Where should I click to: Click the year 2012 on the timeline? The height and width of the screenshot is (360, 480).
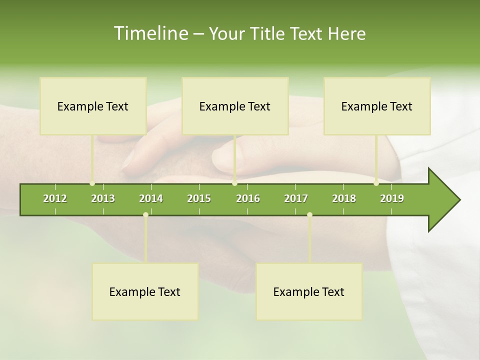pos(55,198)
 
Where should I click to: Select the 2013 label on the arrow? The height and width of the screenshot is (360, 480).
pos(103,198)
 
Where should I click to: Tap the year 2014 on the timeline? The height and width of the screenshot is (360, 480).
pos(151,198)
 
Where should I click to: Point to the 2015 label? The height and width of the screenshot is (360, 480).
pos(199,198)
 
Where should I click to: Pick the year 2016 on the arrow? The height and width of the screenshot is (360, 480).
pos(248,198)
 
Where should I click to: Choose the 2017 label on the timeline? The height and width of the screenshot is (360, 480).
pos(296,198)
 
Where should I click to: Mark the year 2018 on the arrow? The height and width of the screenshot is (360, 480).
pos(344,198)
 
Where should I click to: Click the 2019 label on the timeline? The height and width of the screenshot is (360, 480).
pos(392,198)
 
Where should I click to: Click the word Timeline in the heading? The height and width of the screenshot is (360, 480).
pos(150,33)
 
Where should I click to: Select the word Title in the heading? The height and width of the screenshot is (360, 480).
pos(268,34)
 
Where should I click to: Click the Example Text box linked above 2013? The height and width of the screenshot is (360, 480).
pos(93,106)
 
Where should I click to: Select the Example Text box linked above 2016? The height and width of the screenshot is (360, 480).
pos(235,106)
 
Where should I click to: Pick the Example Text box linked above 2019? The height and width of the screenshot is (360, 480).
pos(377,106)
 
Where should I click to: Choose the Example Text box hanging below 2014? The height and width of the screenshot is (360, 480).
pos(145,291)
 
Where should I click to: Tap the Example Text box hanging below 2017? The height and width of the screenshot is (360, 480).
pos(309,291)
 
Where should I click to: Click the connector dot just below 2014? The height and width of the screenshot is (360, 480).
pos(145,215)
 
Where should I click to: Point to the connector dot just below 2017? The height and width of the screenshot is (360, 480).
pos(309,215)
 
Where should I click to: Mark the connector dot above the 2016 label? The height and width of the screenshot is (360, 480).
pos(234,183)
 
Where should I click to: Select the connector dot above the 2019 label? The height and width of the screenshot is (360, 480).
pos(376,183)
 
